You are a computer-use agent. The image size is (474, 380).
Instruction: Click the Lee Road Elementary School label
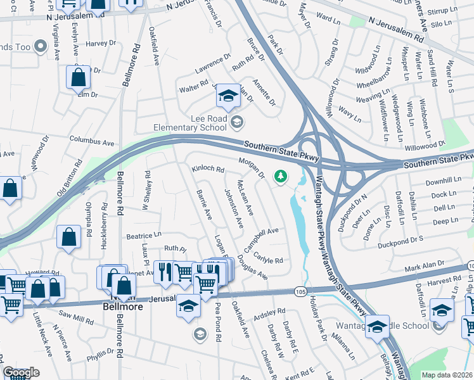(191, 122)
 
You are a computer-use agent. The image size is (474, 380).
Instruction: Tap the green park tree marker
(279, 177)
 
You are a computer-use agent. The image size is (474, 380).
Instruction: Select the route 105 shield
(300, 290)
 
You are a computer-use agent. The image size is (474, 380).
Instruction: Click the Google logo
(22, 372)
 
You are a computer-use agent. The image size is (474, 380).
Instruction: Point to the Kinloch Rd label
(208, 170)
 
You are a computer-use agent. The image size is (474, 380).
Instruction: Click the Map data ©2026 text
(447, 375)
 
